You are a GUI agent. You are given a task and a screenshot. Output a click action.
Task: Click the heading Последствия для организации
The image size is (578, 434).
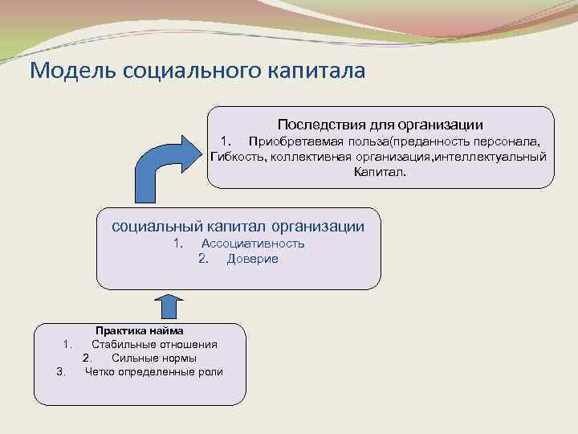(x=381, y=125)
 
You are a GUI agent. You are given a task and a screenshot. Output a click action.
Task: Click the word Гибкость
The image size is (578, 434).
(x=234, y=156)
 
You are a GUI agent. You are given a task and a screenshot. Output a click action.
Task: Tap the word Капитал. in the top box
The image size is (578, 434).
(x=380, y=171)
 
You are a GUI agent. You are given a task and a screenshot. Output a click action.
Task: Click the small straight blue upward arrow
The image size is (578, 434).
(x=169, y=308)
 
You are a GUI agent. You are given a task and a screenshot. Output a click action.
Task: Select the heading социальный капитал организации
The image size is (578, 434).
(x=238, y=227)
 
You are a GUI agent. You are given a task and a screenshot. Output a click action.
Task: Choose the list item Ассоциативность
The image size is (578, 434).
(x=253, y=244)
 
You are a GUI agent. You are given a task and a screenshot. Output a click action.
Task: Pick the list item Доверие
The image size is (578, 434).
(x=253, y=259)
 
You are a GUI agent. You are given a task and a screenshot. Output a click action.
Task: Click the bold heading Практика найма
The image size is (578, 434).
(x=140, y=330)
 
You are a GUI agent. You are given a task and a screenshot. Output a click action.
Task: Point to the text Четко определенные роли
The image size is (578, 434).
(x=154, y=371)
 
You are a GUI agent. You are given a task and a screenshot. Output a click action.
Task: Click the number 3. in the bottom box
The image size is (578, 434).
(x=61, y=371)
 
